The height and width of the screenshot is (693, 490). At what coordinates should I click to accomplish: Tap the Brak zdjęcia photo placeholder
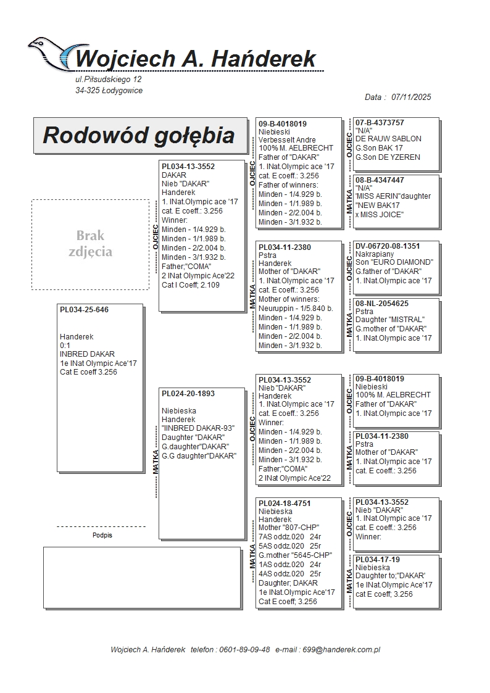point(90,244)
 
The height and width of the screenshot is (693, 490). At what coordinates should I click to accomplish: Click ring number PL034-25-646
point(84,310)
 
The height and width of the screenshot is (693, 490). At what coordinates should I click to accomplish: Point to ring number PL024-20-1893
point(188,394)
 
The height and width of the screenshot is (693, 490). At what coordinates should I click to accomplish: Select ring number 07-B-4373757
point(380,123)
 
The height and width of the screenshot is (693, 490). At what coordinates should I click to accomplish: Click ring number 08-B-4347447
point(380,180)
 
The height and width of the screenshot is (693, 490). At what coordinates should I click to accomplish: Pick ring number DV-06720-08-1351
point(388,246)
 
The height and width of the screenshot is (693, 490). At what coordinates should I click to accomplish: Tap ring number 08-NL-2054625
point(382,304)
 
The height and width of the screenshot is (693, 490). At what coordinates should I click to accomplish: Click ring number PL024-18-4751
point(284,504)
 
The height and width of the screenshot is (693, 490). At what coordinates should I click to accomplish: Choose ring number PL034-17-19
point(378,560)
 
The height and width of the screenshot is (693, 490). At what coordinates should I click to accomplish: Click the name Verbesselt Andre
point(287,140)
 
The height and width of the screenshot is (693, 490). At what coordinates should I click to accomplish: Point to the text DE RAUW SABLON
point(388,139)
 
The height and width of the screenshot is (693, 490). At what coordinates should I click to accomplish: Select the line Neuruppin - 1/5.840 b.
point(296,308)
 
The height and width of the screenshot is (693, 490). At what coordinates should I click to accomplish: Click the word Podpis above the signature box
point(102,536)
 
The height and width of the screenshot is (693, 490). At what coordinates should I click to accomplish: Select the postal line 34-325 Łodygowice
point(109,91)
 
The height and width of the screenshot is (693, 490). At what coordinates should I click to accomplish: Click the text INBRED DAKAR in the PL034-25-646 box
point(87,354)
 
